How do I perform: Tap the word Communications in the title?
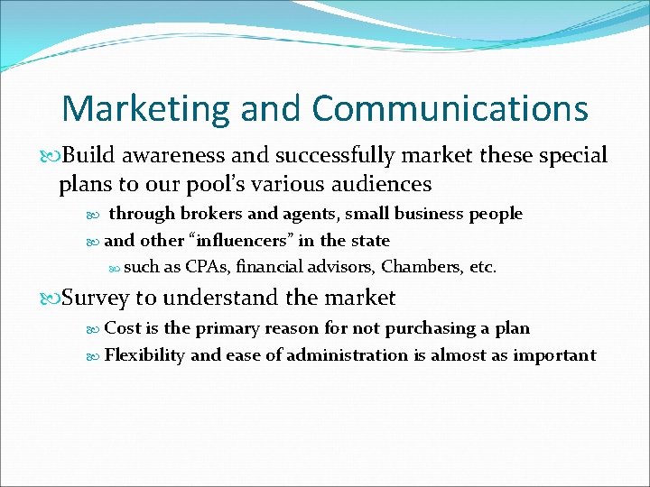450,109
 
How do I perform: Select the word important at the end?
554,354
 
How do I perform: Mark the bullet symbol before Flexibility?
95,355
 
